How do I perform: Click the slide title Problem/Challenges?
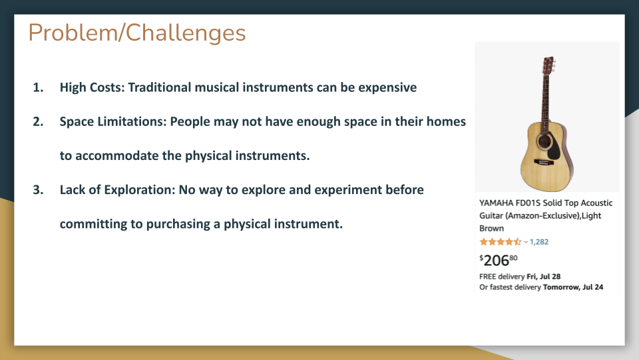point(137,33)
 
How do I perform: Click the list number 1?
point(38,87)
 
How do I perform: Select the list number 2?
point(38,121)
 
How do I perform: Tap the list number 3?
point(38,190)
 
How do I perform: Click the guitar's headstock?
point(548,65)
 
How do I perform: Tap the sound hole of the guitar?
point(543,141)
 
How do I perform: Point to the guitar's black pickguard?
point(554,147)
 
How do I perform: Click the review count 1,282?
point(539,242)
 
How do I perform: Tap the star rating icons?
point(501,242)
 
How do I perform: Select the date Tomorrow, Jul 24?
point(573,287)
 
